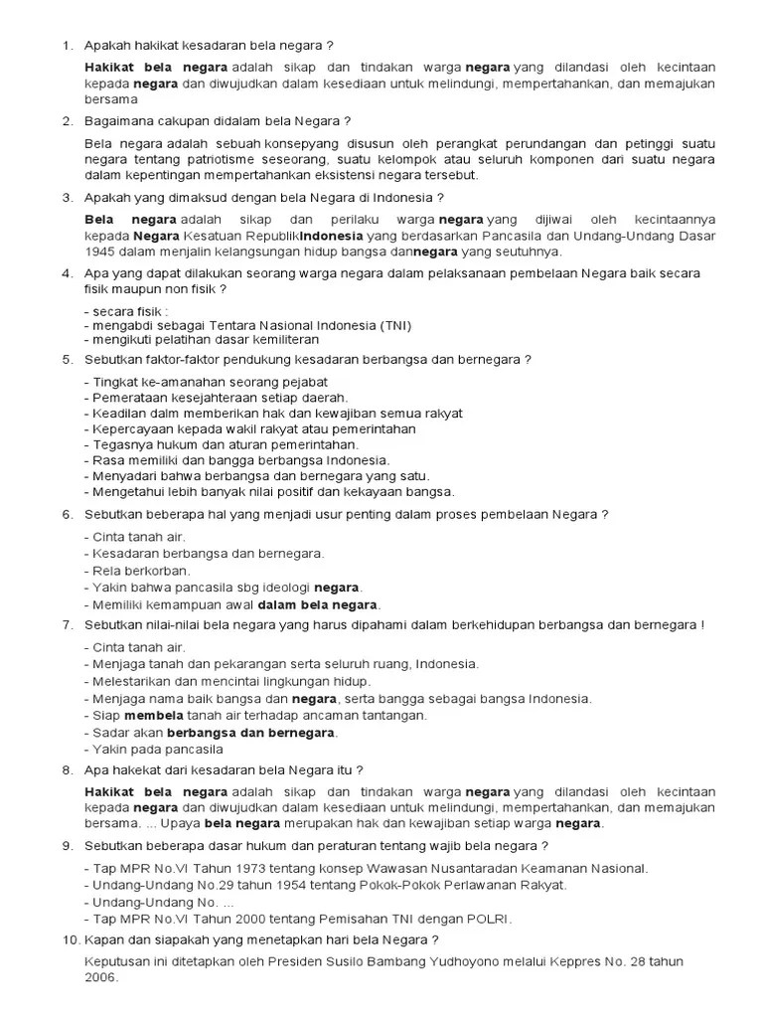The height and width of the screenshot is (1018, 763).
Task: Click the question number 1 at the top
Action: (x=66, y=46)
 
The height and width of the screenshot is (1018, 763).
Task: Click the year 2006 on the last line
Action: (x=101, y=977)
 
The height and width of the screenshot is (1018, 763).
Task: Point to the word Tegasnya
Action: (x=120, y=444)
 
